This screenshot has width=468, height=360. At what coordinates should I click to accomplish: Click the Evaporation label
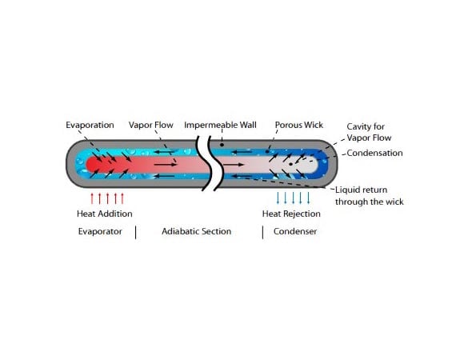[x=90, y=125]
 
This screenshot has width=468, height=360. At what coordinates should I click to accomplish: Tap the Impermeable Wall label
[x=220, y=125]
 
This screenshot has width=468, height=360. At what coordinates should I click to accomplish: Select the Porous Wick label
[x=298, y=125]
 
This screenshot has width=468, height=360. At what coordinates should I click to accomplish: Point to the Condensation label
[x=374, y=153]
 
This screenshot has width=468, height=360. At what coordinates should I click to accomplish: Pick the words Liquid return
[x=361, y=190]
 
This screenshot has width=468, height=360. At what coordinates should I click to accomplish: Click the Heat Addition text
[x=105, y=214]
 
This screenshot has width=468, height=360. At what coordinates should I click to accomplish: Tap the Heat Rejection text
[x=291, y=214]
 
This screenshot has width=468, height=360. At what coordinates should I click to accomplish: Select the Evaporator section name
[x=100, y=231]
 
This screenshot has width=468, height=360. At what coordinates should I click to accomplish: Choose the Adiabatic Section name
[x=196, y=231]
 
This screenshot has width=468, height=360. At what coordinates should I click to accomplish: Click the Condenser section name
[x=295, y=231]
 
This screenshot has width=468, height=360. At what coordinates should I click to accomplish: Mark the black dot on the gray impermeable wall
[x=222, y=145]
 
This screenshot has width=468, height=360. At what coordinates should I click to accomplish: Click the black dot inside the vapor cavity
[x=290, y=164]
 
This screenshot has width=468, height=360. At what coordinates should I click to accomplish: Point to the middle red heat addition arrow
[x=107, y=198]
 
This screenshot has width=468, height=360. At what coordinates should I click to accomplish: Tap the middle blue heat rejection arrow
[x=293, y=198]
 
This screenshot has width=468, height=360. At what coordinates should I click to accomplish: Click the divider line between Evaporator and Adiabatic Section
[x=136, y=232]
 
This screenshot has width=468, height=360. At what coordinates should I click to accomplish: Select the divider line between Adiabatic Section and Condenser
[x=262, y=232]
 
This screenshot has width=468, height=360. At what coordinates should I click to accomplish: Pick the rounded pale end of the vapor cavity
[x=314, y=164]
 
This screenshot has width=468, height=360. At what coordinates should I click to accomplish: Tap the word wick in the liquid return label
[x=394, y=202]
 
